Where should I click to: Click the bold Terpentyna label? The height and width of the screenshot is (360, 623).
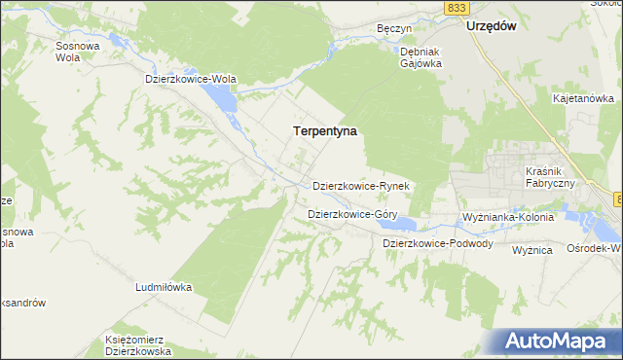coord(325,129)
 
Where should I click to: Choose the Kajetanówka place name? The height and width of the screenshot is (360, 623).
coord(582,98)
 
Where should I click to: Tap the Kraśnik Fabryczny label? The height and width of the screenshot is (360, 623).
coord(547,177)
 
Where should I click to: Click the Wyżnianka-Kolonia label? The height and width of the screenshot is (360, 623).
coord(508,217)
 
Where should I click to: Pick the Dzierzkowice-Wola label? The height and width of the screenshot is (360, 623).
coord(191,79)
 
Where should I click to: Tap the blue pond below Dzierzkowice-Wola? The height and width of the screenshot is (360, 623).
coord(221,97)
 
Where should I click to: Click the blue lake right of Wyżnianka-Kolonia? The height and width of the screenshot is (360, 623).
coord(603,231)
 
